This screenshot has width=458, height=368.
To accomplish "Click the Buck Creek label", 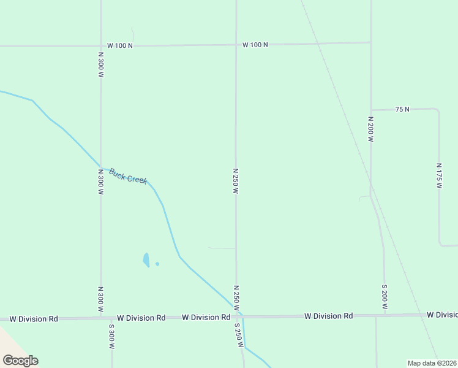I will click(128, 176).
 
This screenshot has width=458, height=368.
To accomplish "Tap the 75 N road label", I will click(402, 109).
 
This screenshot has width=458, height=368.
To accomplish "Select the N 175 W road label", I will click(439, 175).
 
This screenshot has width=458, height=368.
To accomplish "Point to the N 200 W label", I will click(370, 129).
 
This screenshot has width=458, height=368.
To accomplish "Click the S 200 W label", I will click(385, 297).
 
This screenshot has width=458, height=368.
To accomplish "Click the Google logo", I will click(20, 361).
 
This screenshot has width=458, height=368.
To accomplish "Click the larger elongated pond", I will click(146, 260).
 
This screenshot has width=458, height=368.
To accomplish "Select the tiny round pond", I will click(157, 264).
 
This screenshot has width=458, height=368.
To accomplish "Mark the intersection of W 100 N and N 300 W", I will click(100, 45).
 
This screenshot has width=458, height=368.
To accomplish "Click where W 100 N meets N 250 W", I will click(236, 44).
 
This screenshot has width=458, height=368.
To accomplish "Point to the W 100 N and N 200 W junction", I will click(370, 42).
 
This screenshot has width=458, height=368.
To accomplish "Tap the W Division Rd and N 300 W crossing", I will click(100, 318).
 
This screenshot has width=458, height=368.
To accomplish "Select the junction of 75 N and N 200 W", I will click(370, 110).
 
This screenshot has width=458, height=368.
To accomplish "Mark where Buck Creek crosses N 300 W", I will click(100, 167).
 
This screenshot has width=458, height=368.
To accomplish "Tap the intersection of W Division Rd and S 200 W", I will click(385, 315).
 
